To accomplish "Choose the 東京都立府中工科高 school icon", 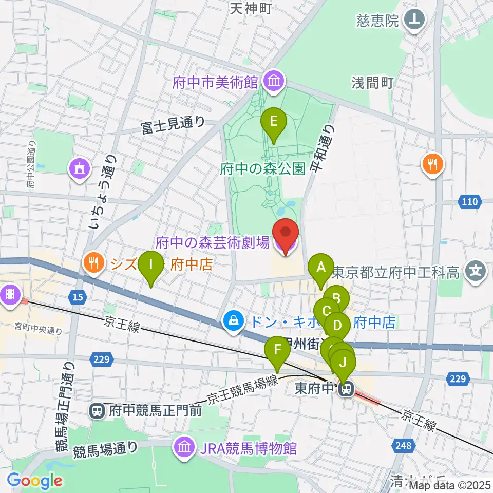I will (477, 270).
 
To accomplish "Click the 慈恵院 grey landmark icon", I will (415, 21).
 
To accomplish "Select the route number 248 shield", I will (404, 445).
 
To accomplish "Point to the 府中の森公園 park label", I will (263, 168).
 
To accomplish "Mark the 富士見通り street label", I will (173, 124).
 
